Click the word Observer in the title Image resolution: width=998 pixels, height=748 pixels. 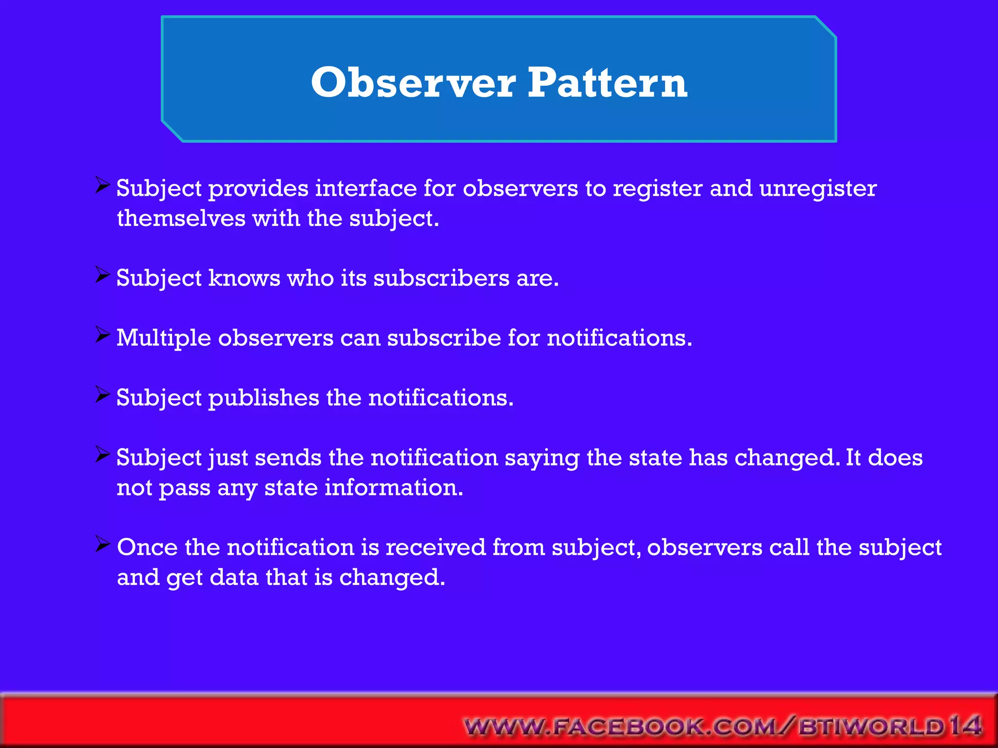click(413, 83)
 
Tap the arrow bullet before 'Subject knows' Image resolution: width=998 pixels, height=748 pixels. click(103, 275)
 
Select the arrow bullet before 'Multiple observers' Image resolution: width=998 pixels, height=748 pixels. click(103, 335)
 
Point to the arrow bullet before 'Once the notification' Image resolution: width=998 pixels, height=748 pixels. click(103, 544)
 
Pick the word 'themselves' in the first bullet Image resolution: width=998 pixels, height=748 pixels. click(181, 218)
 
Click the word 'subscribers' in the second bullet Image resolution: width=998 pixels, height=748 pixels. click(441, 279)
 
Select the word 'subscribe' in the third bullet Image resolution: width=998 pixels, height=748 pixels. click(444, 338)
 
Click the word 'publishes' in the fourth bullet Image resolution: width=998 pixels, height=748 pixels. click(264, 398)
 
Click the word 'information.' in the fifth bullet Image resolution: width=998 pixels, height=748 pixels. click(394, 488)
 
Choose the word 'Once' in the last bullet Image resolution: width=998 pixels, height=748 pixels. click(147, 547)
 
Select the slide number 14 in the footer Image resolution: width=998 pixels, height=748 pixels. click(965, 726)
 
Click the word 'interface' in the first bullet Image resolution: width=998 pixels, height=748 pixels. click(365, 189)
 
